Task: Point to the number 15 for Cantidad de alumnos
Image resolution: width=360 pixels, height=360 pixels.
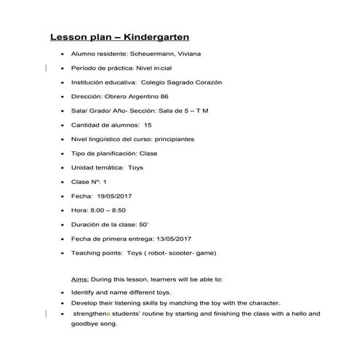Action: (x=148, y=125)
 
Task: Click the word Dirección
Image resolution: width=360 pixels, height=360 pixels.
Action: (x=86, y=97)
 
